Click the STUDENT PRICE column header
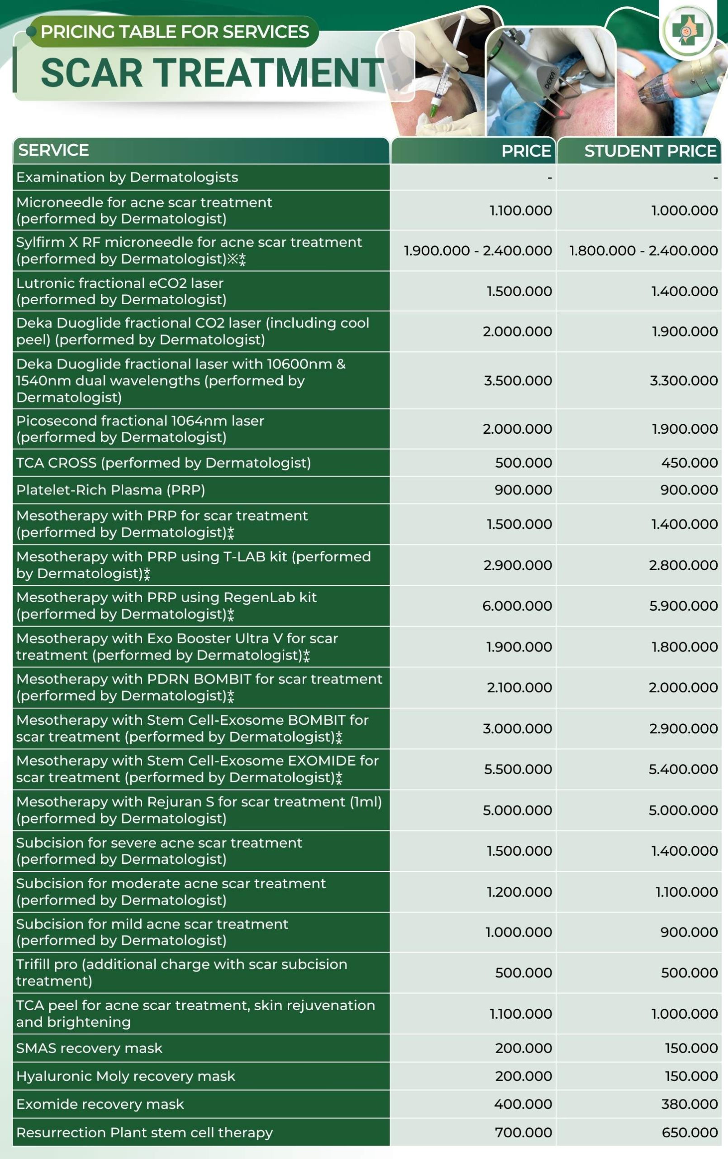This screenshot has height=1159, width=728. pyautogui.click(x=650, y=151)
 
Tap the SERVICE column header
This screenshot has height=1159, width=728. pyautogui.click(x=53, y=150)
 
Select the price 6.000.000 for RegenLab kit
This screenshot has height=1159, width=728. pyautogui.click(x=517, y=605)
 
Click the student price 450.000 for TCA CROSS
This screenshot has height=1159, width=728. pyautogui.click(x=689, y=463)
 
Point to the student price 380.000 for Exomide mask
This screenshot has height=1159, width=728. pyautogui.click(x=689, y=1104)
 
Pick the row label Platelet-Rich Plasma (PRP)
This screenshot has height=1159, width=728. pyautogui.click(x=111, y=490)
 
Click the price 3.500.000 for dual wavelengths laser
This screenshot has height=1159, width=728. pyautogui.click(x=518, y=380)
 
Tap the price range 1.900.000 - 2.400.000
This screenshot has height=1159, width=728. pyautogui.click(x=477, y=250)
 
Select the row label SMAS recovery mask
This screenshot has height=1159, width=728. pyautogui.click(x=89, y=1048)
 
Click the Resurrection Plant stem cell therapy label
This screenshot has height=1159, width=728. pyautogui.click(x=144, y=1132)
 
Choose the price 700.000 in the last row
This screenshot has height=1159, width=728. pyautogui.click(x=523, y=1132)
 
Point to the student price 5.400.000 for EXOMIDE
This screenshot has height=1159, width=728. pyautogui.click(x=683, y=769)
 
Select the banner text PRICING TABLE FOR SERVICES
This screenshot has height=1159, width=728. pyautogui.click(x=175, y=32)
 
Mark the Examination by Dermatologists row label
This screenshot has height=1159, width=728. pyautogui.click(x=127, y=177)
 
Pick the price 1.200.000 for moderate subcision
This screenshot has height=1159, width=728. pyautogui.click(x=519, y=892)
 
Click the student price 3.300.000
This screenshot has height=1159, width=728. pyautogui.click(x=684, y=380)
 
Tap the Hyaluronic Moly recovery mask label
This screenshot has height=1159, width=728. pyautogui.click(x=126, y=1076)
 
